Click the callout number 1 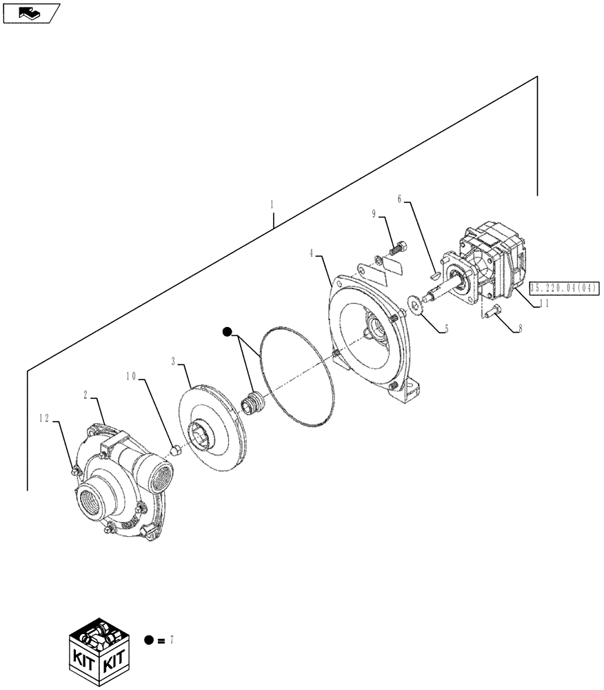[x=272, y=204]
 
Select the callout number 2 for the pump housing [x=86, y=396]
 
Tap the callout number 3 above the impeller [x=173, y=360]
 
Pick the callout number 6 [x=400, y=198]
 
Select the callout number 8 [x=521, y=330]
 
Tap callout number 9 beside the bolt [x=374, y=215]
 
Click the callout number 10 [x=131, y=376]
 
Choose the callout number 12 [x=43, y=418]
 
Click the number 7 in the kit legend [x=171, y=640]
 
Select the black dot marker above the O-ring [x=227, y=333]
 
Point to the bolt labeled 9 [x=399, y=244]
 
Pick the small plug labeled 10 [x=175, y=451]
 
